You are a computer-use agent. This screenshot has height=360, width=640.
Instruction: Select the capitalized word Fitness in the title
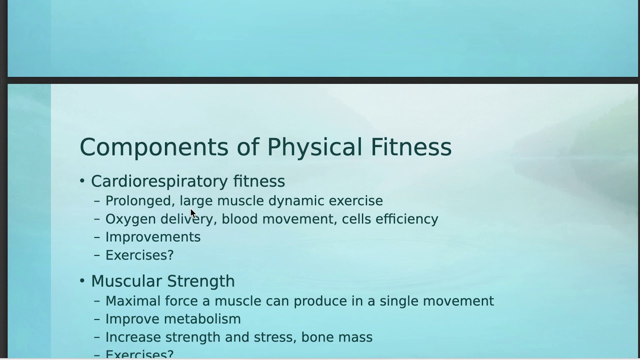click(x=411, y=147)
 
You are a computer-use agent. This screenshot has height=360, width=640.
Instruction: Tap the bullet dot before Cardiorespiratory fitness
click(x=82, y=181)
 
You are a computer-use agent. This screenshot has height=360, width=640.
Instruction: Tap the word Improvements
click(x=153, y=237)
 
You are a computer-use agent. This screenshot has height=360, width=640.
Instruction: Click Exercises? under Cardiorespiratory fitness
click(x=139, y=255)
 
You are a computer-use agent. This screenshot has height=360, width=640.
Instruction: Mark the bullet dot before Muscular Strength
click(x=82, y=281)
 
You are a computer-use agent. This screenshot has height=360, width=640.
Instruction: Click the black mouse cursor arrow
click(x=193, y=213)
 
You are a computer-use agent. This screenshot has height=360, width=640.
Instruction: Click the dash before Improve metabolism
click(x=97, y=319)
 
